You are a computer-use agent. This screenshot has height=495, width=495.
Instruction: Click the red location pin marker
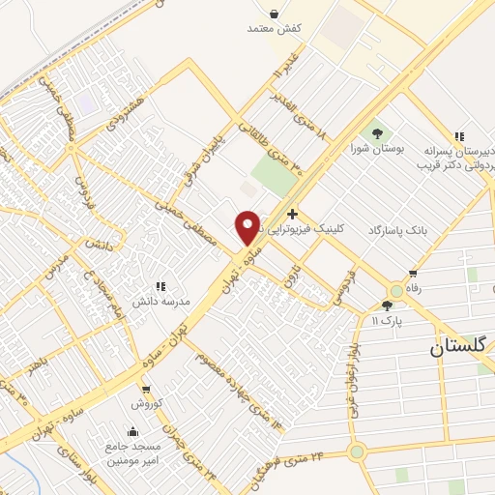pyautogui.click(x=247, y=227)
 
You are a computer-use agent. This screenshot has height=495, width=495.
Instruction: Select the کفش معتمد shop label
pyautogui.click(x=275, y=30)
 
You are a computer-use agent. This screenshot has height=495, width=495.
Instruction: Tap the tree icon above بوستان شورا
pyautogui.click(x=378, y=133)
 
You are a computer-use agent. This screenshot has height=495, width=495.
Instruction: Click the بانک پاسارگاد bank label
pyautogui.click(x=397, y=230)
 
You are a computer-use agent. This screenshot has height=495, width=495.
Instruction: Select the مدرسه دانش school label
pyautogui.click(x=162, y=301)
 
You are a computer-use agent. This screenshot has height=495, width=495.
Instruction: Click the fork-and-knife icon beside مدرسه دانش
pyautogui.click(x=160, y=286)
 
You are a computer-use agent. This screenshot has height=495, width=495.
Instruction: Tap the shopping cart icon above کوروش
pyautogui.click(x=144, y=387)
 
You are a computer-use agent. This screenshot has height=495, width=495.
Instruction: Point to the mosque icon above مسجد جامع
pyautogui.click(x=132, y=431)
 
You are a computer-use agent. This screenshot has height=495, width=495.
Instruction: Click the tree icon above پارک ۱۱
pyautogui.click(x=387, y=305)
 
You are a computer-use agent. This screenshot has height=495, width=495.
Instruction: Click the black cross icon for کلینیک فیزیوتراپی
pyautogui.click(x=292, y=213)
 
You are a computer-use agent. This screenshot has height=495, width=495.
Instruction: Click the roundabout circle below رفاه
pyautogui.click(x=395, y=290)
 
